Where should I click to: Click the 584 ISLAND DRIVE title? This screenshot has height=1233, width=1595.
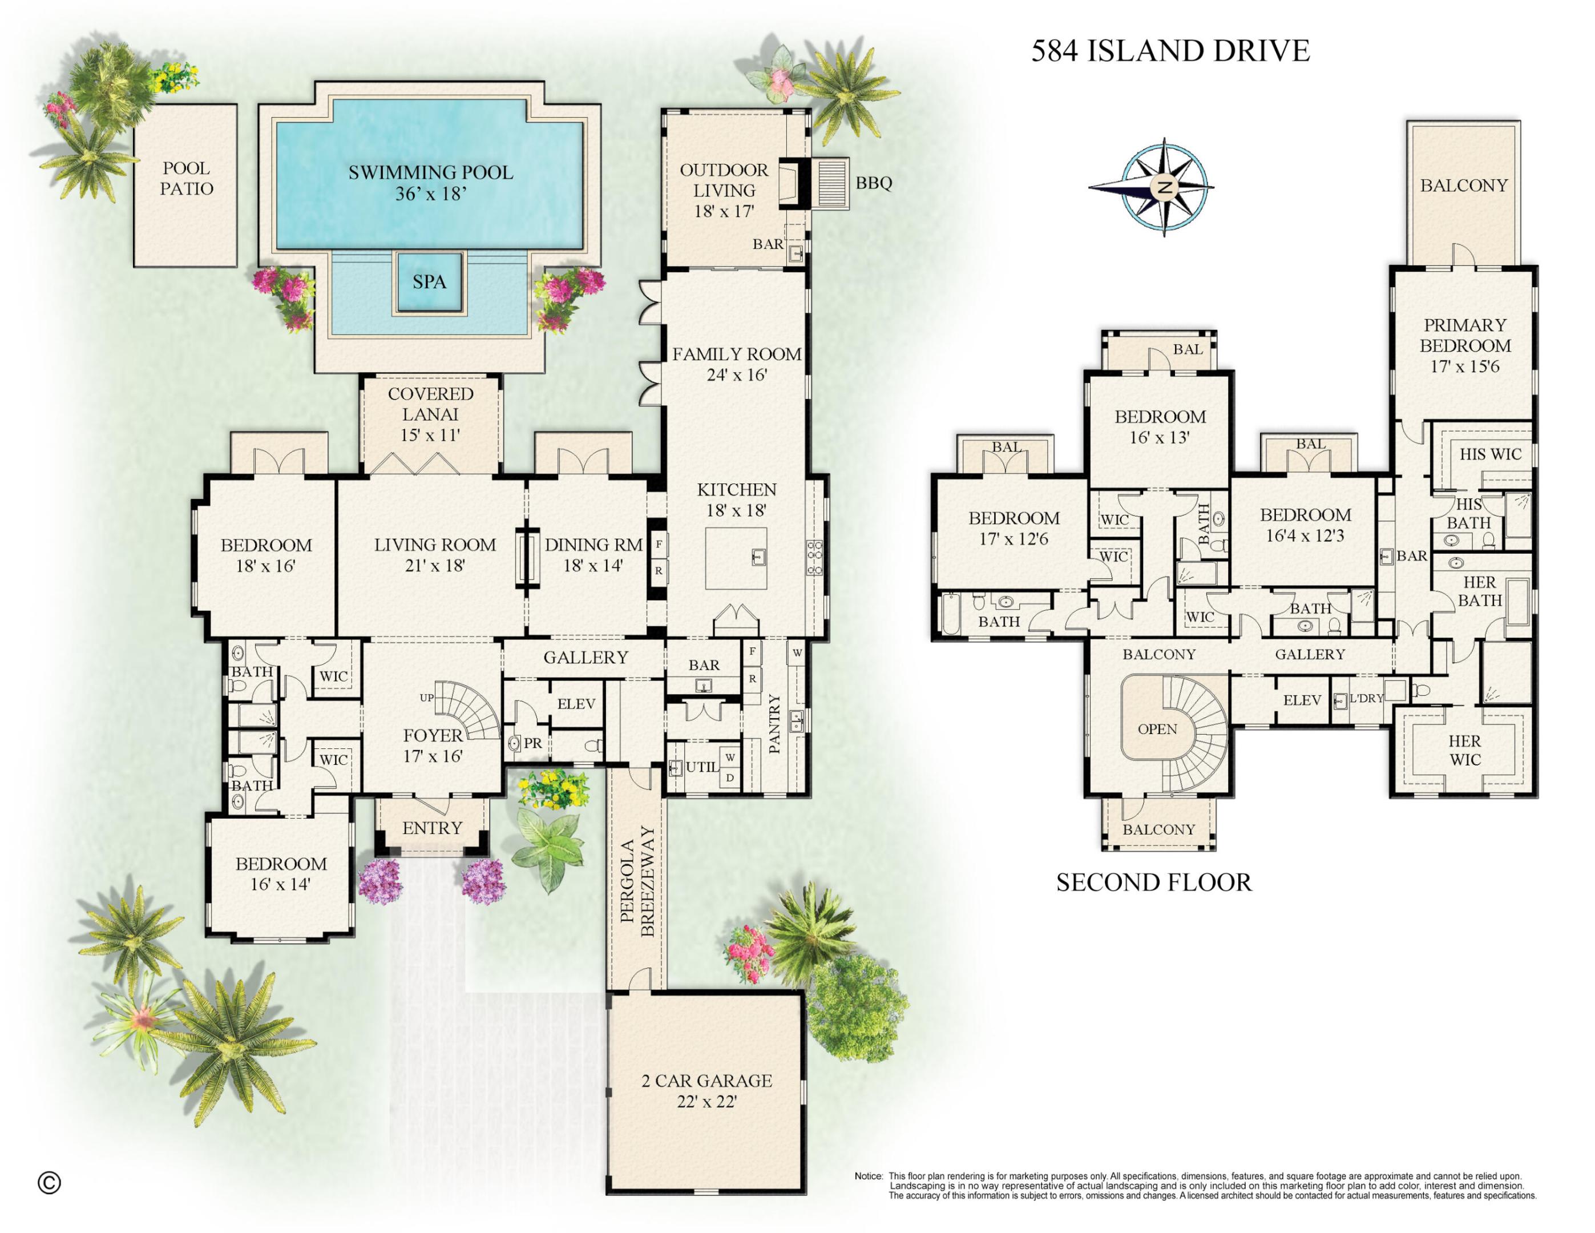(1170, 51)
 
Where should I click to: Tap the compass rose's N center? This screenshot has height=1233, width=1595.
(1165, 187)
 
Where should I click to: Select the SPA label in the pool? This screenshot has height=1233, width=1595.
(429, 282)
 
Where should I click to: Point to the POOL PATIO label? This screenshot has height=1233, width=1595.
(186, 179)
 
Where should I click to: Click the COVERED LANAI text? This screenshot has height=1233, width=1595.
(430, 404)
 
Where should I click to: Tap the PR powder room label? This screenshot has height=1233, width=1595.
(533, 744)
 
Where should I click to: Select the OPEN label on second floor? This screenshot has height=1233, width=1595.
(1157, 729)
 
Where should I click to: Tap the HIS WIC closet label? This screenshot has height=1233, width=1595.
(1490, 454)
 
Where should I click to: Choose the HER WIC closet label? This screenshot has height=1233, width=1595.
(1464, 750)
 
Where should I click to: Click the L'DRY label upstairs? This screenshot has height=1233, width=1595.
(1366, 698)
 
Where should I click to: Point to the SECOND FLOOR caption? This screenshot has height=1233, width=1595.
(1154, 883)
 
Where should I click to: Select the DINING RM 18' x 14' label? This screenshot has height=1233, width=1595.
(592, 555)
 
